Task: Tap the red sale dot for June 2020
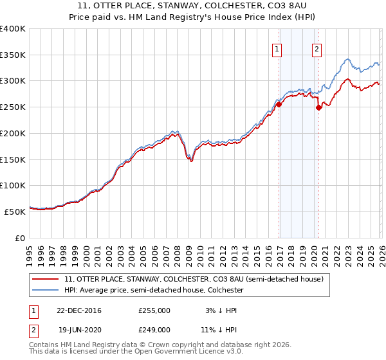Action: click(x=318, y=107)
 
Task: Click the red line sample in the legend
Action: click(x=45, y=280)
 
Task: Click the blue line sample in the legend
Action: click(x=45, y=291)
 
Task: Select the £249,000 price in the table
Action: click(x=154, y=330)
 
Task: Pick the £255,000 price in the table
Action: click(x=154, y=310)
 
